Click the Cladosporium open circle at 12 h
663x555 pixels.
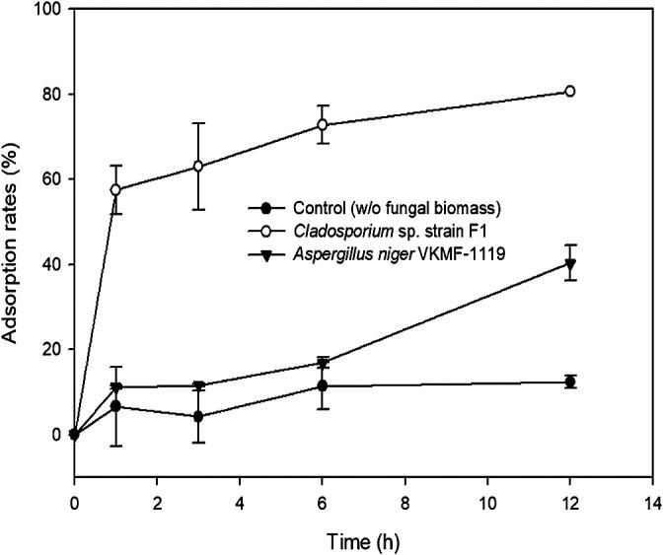pyautogui.click(x=569, y=92)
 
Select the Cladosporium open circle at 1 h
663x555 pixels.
pyautogui.click(x=115, y=189)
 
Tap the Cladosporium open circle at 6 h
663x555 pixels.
pyautogui.click(x=322, y=125)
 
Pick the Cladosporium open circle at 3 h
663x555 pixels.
pyautogui.click(x=198, y=166)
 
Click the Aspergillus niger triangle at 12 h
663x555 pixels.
pyautogui.click(x=569, y=263)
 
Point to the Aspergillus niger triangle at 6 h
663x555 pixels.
pyautogui.click(x=322, y=363)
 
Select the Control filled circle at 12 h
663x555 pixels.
pyautogui.click(x=569, y=382)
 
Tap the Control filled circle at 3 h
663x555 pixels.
pyautogui.click(x=198, y=416)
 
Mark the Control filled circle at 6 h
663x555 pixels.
pyautogui.click(x=322, y=385)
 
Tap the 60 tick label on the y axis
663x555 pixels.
pyautogui.click(x=50, y=179)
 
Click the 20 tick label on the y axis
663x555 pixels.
pyautogui.click(x=50, y=349)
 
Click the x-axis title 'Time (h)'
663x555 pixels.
pyautogui.click(x=360, y=541)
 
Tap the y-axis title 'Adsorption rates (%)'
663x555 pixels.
pyautogui.click(x=13, y=243)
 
